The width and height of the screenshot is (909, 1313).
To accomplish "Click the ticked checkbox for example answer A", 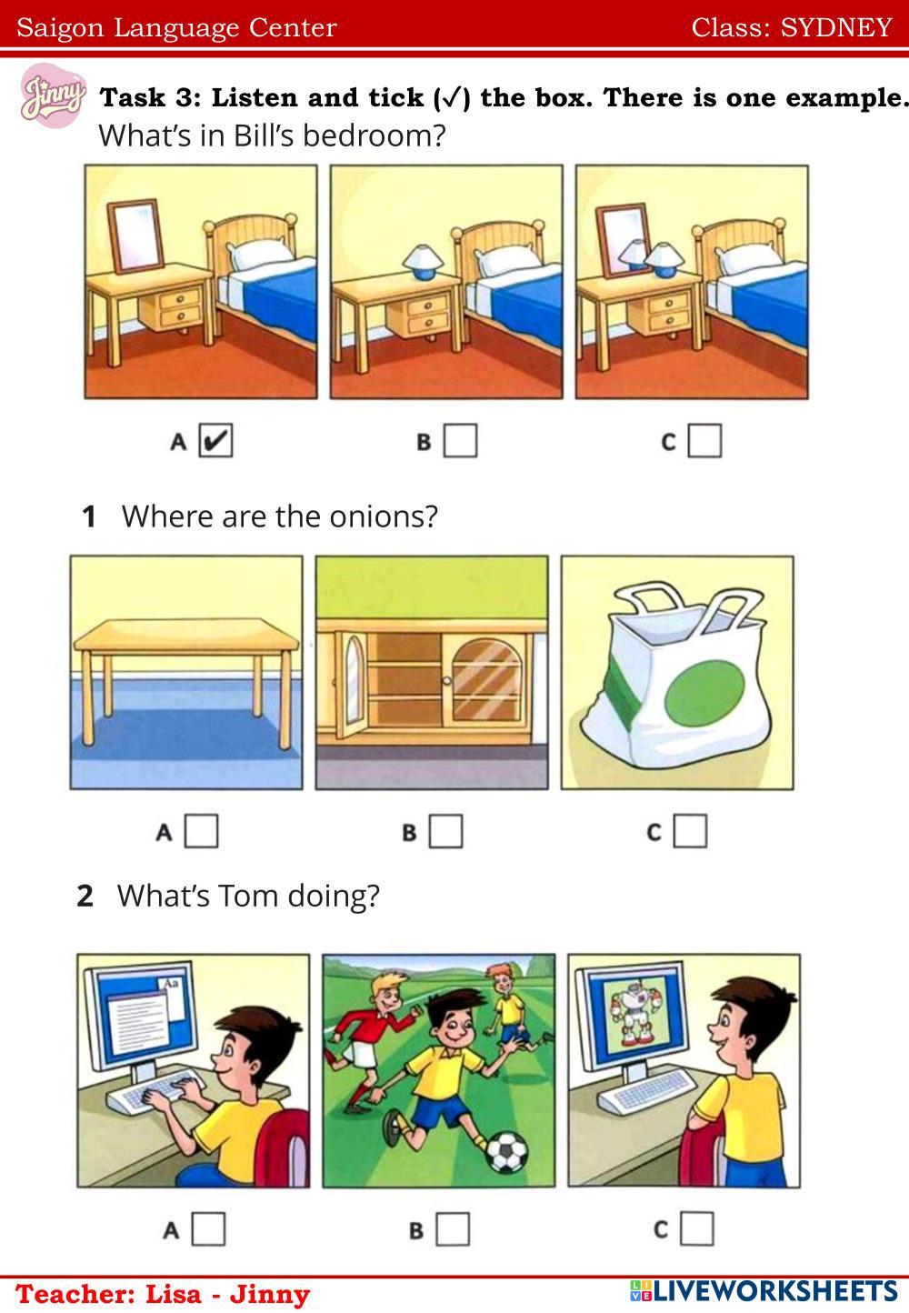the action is (x=215, y=440).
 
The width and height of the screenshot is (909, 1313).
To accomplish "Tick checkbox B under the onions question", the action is (x=445, y=831).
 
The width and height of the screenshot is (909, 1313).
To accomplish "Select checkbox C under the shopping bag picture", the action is (x=690, y=830).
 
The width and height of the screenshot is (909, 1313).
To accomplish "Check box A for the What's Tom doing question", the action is (x=208, y=1228).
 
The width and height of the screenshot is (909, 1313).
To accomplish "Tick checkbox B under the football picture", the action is (x=453, y=1228).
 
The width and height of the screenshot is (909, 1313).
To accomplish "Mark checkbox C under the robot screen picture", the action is (x=697, y=1228).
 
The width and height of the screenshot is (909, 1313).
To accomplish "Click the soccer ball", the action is (x=507, y=1152).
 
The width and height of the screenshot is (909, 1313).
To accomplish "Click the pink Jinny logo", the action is (x=53, y=95).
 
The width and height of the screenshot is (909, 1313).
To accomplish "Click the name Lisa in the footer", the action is (x=173, y=1294).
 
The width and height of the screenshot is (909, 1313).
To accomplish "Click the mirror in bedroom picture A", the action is (x=136, y=236).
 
